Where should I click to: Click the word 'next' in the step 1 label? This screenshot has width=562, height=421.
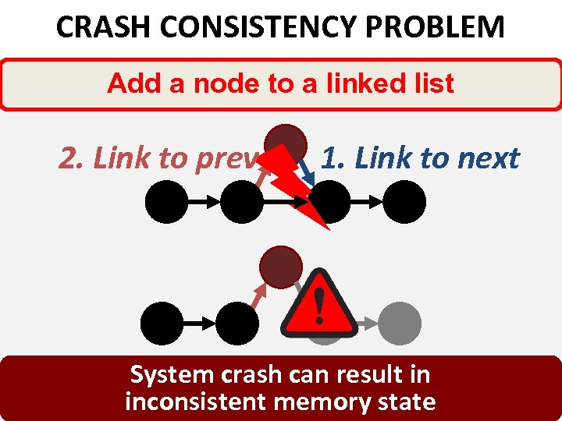tap(488, 158)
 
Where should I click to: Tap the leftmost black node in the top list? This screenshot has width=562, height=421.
tap(166, 203)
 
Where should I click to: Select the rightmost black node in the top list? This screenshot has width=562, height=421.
tap(404, 203)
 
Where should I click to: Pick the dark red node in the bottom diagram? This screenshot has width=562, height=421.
tap(281, 267)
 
